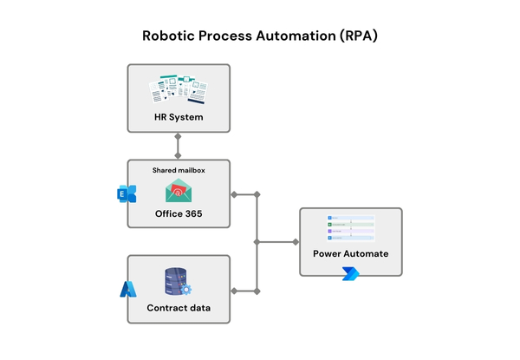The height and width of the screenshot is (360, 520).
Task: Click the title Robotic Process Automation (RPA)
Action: (x=260, y=37)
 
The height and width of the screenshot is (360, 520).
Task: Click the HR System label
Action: (x=179, y=117)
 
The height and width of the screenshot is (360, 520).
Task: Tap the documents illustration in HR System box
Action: (x=179, y=88)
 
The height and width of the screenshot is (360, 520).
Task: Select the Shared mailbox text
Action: (x=179, y=170)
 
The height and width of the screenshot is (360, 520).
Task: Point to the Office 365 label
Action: (x=179, y=213)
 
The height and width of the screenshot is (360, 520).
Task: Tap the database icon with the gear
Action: (x=178, y=282)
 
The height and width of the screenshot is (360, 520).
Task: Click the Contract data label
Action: (x=179, y=309)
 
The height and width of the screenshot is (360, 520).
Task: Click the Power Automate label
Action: (x=350, y=254)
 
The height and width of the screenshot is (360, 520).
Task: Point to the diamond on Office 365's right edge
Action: (x=233, y=193)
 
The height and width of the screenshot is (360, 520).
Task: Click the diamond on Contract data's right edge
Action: (x=233, y=290)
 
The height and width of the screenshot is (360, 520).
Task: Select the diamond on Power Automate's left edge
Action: (x=296, y=242)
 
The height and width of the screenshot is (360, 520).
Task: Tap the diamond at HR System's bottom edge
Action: (x=179, y=135)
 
